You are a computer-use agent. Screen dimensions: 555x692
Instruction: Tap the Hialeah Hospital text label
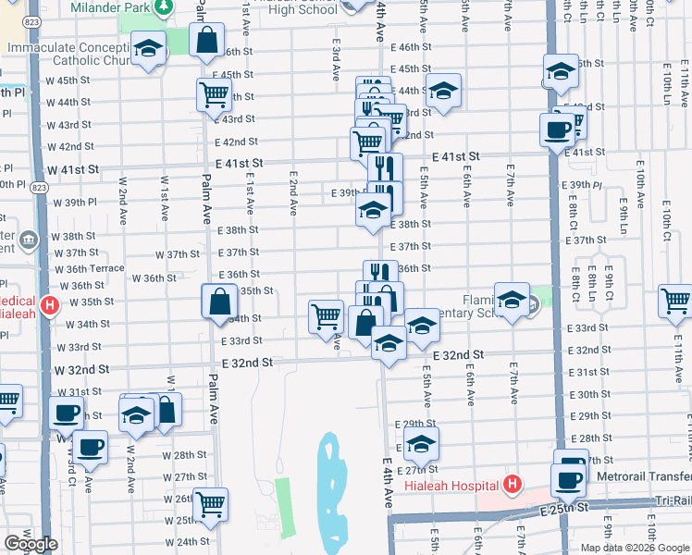[x=454, y=484]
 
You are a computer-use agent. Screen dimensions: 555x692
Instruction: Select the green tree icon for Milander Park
[x=164, y=7]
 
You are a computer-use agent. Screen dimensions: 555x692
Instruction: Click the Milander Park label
[x=106, y=8]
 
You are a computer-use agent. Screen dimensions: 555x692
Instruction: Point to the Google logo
[x=31, y=544]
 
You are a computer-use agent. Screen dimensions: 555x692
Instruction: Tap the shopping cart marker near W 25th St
[x=211, y=504]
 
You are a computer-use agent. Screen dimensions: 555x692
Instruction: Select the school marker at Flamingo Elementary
[x=512, y=300]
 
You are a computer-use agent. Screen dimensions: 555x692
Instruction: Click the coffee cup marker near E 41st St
[x=557, y=130]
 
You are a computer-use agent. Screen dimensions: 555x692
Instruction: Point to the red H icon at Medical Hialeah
[x=50, y=303]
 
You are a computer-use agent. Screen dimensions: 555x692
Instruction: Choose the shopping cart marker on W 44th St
[x=214, y=93]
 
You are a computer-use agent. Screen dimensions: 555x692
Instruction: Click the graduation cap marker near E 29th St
[x=421, y=444]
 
